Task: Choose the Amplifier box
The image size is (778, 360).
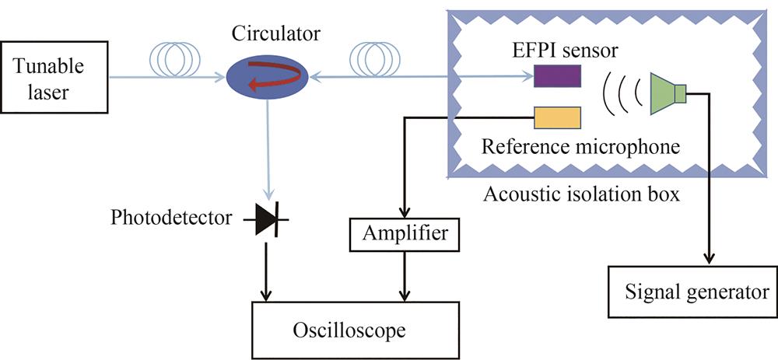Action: click(402, 232)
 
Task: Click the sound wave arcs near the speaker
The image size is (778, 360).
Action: click(622, 94)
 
